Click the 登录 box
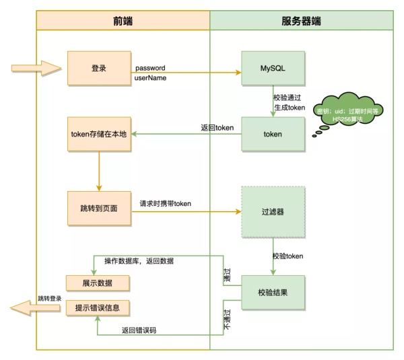[x=98, y=69]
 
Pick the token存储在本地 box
[x=98, y=134]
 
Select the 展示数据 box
[x=98, y=281]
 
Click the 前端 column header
[x=123, y=21]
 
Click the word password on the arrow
[x=150, y=69]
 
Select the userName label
[x=151, y=79]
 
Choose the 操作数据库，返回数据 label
[x=139, y=261]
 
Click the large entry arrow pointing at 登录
[x=35, y=69]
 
